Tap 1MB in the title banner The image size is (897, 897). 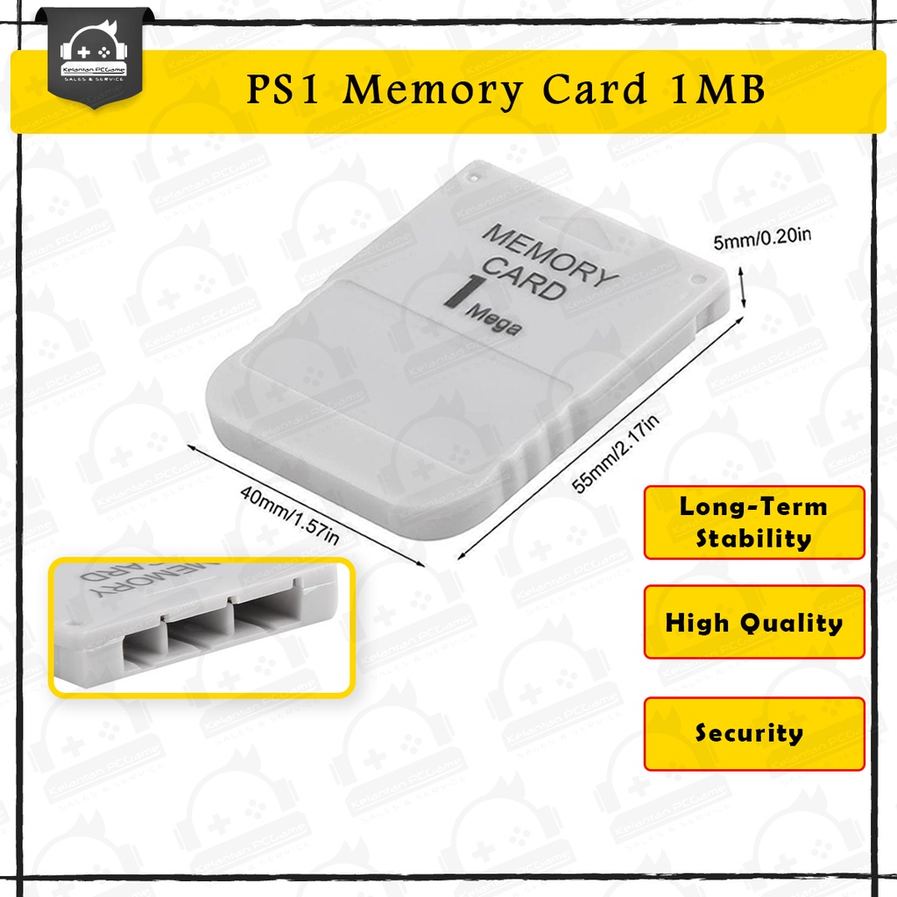tap(716, 90)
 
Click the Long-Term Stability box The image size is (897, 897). tap(753, 522)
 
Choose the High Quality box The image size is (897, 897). tap(753, 623)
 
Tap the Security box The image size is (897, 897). tap(753, 733)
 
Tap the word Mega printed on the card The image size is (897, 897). tap(495, 321)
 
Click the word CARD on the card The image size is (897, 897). tap(524, 279)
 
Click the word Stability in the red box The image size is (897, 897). tap(753, 538)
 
